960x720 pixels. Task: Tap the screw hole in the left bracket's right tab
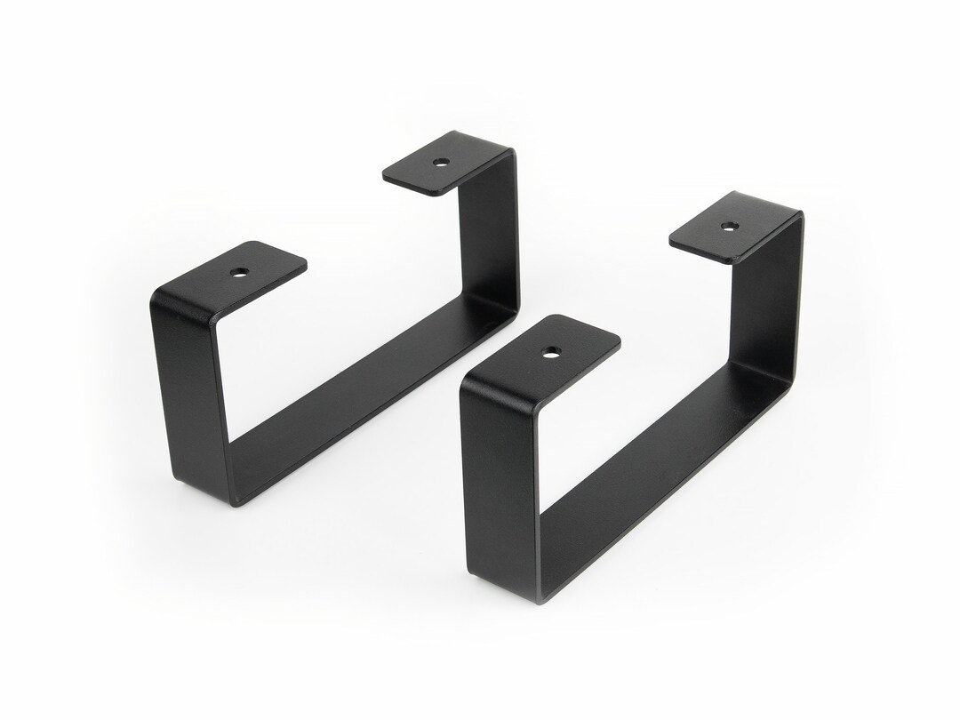(x=440, y=163)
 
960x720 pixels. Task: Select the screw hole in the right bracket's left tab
(x=548, y=352)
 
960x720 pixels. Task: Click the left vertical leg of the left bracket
(x=189, y=391)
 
